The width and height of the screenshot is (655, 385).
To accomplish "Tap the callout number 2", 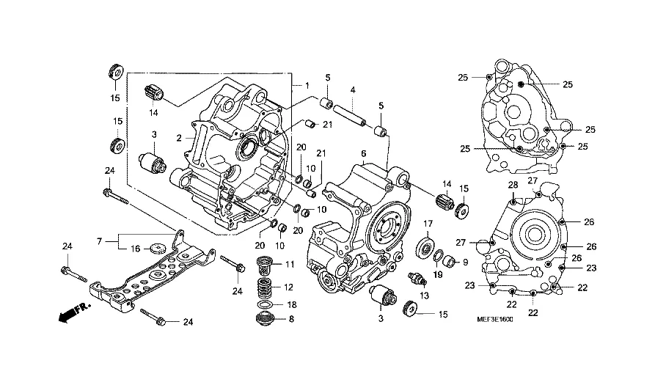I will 178,137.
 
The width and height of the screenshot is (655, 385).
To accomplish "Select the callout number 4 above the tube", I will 353,90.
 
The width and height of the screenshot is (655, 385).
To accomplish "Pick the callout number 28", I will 513,185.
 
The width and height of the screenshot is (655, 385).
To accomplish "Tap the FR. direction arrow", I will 70,315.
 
